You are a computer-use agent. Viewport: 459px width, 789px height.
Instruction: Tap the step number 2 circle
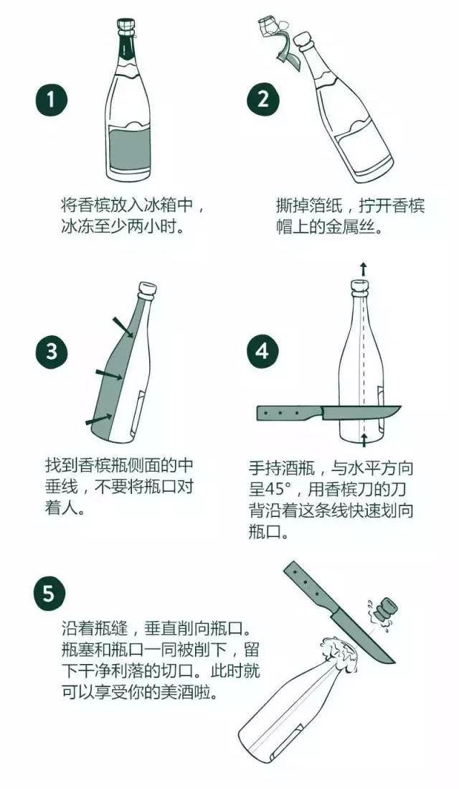click(262, 100)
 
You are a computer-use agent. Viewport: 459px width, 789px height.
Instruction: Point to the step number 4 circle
click(262, 352)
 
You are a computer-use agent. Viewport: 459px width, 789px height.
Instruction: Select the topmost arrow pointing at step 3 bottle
click(123, 325)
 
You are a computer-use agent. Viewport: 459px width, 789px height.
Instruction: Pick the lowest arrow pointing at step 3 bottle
click(98, 419)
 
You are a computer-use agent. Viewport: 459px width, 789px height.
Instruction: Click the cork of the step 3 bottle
click(148, 291)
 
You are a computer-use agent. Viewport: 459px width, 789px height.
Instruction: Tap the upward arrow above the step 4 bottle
click(363, 270)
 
